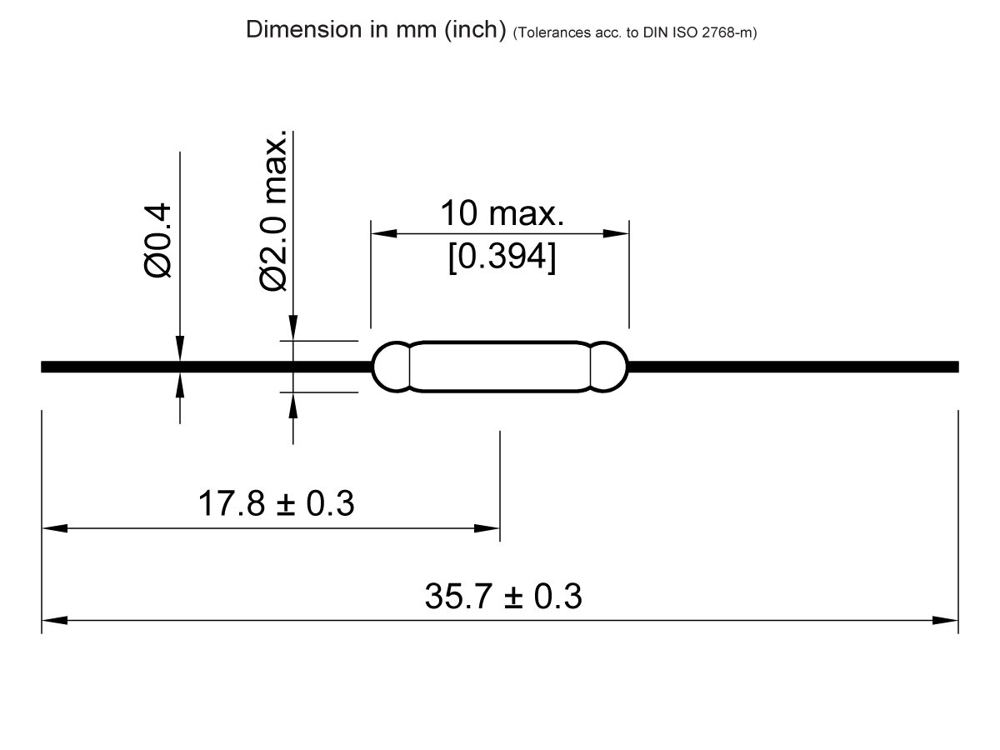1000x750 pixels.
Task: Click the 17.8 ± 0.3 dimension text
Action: tap(275, 504)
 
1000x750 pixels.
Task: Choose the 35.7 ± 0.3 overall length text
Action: tap(503, 597)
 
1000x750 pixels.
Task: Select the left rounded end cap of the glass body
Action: tap(390, 367)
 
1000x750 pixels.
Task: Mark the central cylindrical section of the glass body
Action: tap(500, 367)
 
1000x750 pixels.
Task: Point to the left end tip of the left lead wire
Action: tap(43, 367)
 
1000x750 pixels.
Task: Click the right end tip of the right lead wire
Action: tap(957, 367)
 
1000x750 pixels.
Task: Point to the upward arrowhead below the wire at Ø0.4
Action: tap(180, 384)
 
